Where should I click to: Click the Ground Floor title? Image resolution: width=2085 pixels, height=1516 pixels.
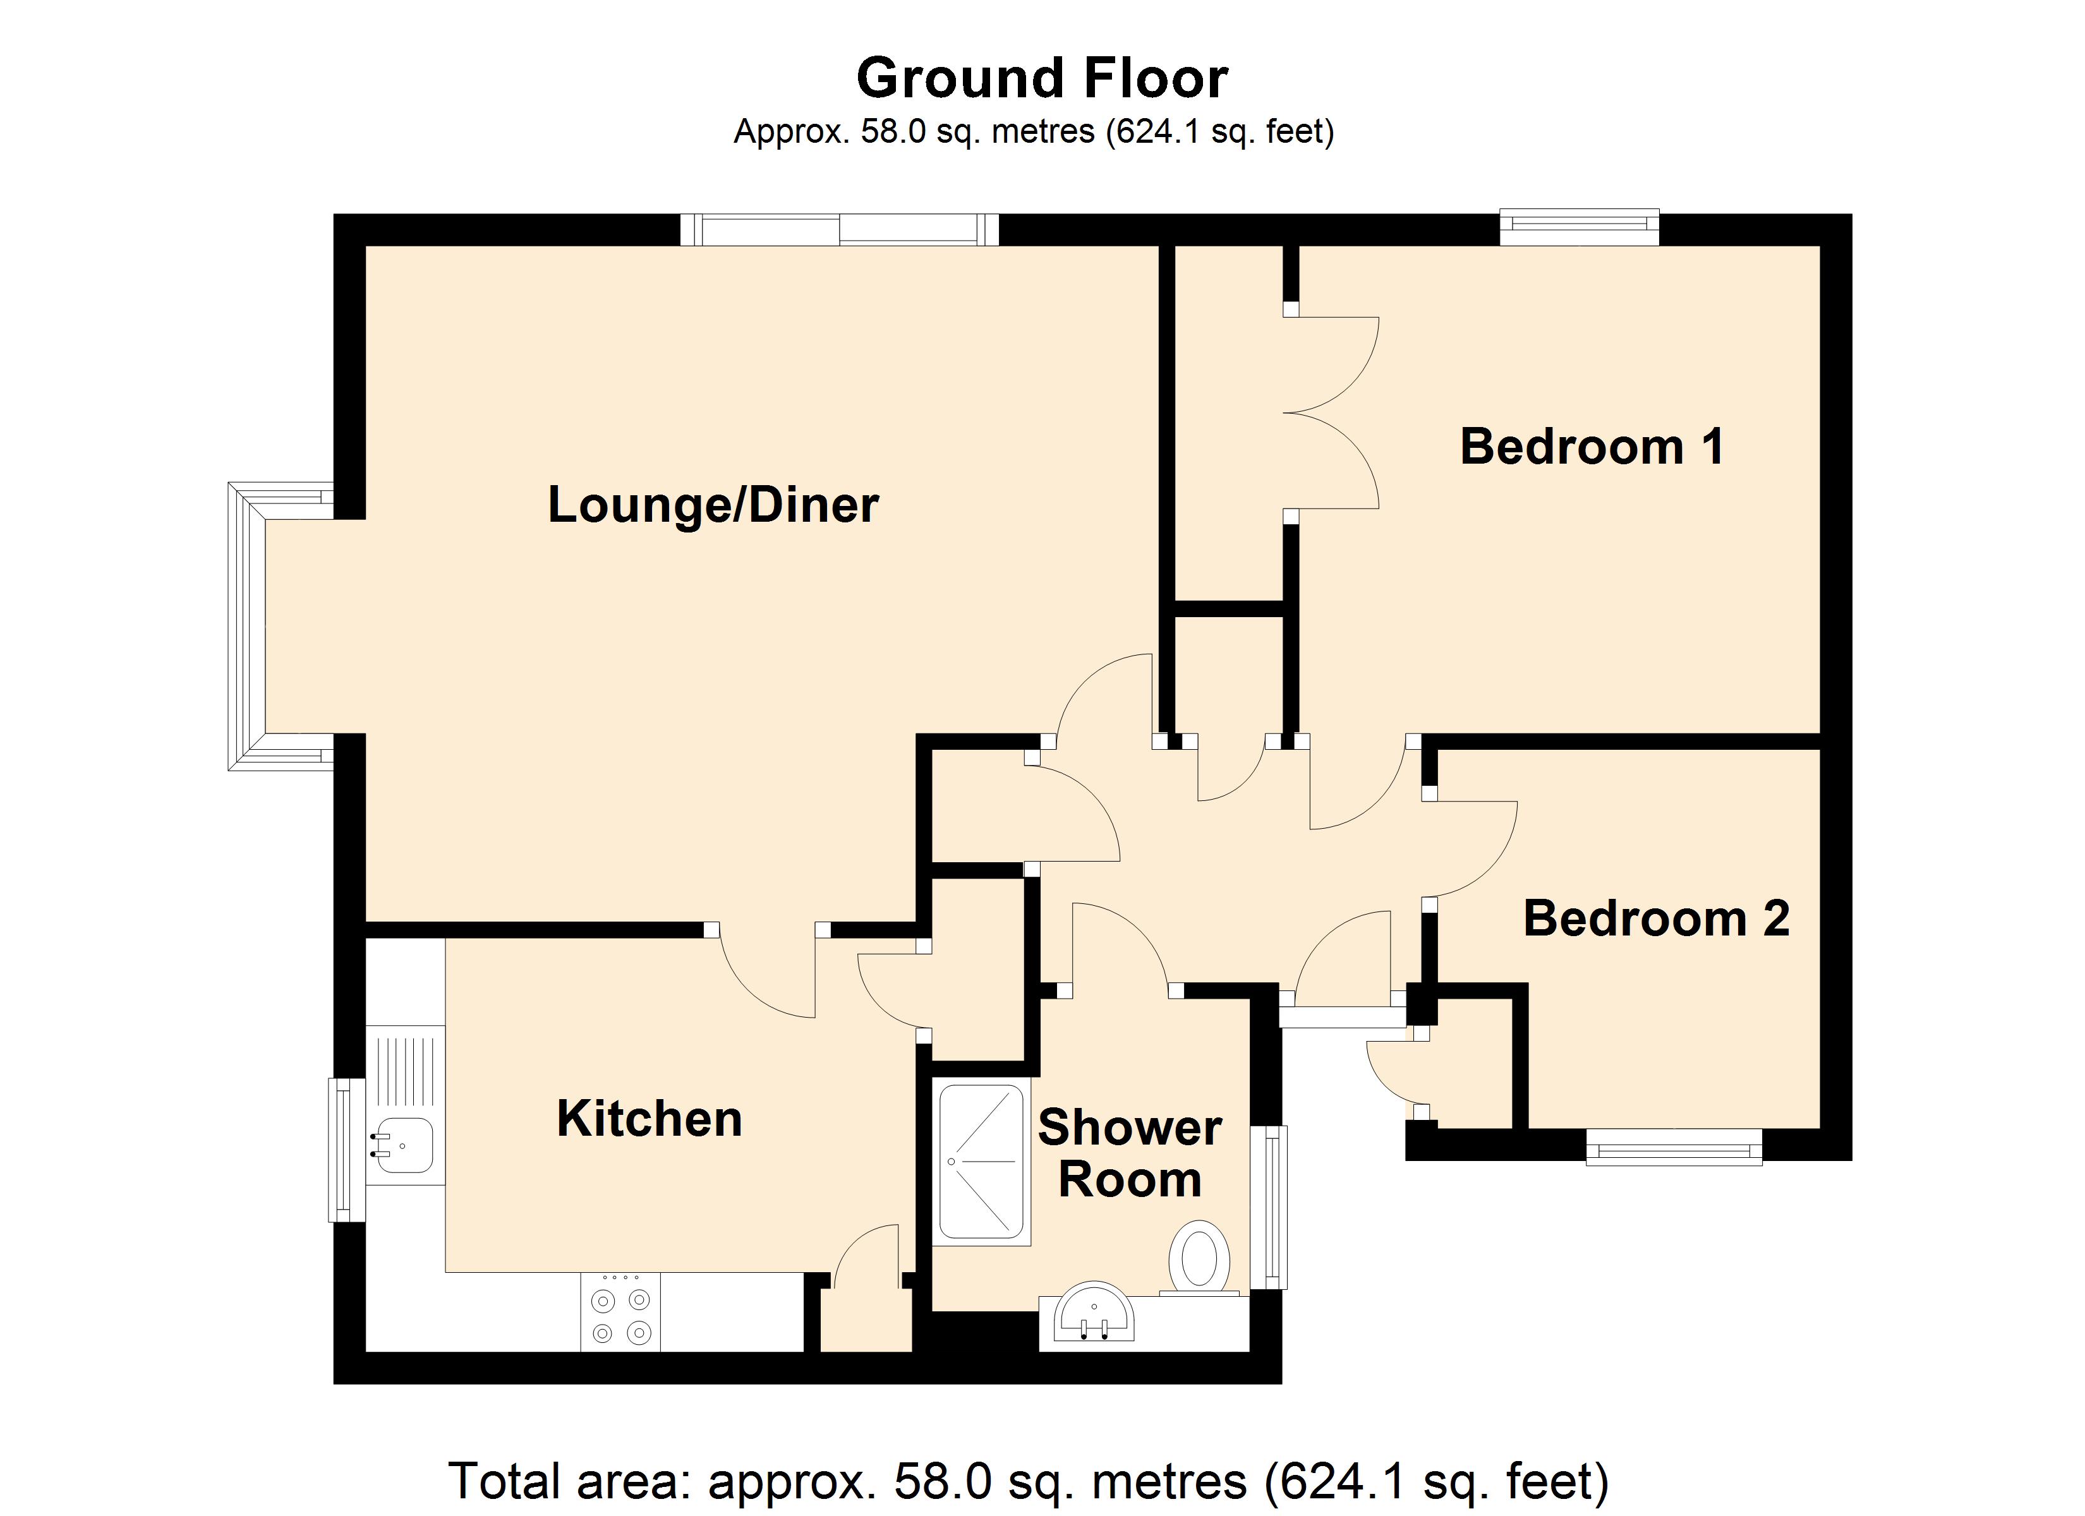point(1042,78)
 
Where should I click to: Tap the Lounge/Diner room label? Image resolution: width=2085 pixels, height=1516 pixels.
point(713,505)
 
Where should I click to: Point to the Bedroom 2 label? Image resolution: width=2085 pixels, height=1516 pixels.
point(1657,918)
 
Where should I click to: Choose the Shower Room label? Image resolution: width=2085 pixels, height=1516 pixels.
point(1130,1154)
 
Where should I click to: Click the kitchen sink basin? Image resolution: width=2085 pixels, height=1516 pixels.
point(404,1145)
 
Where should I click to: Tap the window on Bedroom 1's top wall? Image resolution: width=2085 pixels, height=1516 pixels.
point(1580,228)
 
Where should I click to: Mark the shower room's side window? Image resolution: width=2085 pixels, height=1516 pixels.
point(1272,1206)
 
